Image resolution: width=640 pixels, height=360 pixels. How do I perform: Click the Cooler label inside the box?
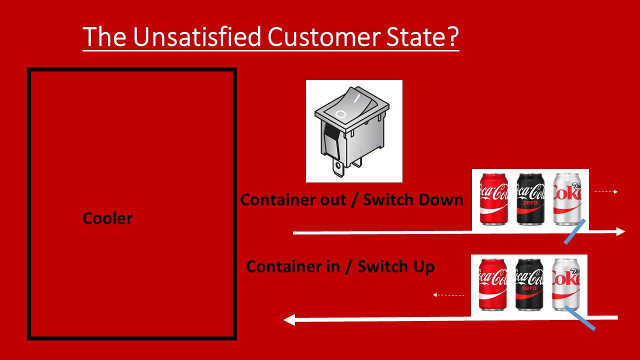108,218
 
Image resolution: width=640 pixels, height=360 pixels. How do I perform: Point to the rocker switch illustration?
353,131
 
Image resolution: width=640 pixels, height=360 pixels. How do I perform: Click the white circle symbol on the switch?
340,114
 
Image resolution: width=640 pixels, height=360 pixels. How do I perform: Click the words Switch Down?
413,200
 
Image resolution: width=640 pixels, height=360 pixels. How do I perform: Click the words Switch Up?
396,266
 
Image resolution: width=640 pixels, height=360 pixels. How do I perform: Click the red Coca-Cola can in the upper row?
493,199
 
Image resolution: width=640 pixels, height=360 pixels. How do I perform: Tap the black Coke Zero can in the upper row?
530,199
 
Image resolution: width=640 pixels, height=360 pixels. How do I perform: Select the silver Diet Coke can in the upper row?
567,199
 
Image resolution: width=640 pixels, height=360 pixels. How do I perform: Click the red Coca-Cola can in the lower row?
493,284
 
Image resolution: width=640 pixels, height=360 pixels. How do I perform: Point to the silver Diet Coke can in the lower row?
566,284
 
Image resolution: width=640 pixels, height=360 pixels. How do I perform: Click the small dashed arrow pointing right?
606,191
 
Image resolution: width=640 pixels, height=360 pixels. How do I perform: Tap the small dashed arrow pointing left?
448,295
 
